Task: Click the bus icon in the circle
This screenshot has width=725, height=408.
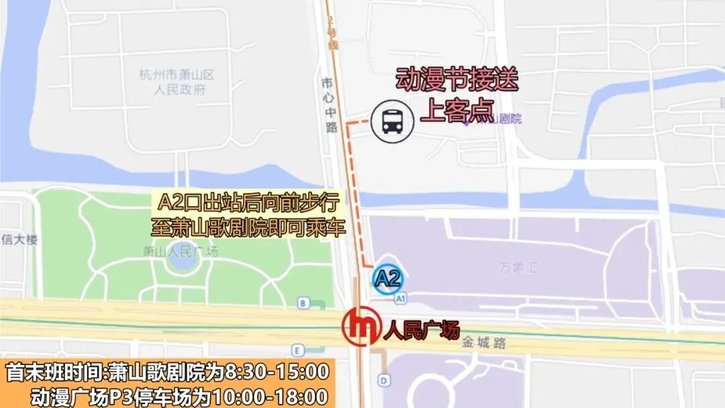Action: tap(392, 121)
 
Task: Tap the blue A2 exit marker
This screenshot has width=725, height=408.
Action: tap(387, 278)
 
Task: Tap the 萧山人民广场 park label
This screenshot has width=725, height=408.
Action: tap(181, 252)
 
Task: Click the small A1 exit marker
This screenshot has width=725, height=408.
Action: tap(401, 297)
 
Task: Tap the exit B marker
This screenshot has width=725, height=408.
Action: tap(303, 303)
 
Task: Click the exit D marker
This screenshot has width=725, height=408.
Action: tap(383, 381)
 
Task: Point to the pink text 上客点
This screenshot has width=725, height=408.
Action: tap(456, 110)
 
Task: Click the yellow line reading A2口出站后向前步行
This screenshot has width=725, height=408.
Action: tap(250, 202)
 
